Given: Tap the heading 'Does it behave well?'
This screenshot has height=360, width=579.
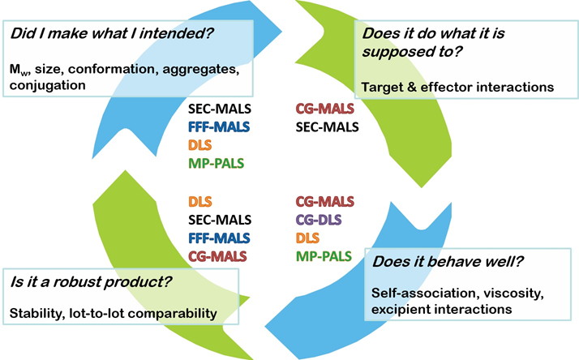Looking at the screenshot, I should (444, 262).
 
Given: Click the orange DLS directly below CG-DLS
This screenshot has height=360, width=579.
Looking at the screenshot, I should (307, 238).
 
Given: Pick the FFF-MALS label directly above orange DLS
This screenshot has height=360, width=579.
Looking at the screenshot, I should (217, 126).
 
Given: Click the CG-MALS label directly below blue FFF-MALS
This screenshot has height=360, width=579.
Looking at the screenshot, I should (217, 257).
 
